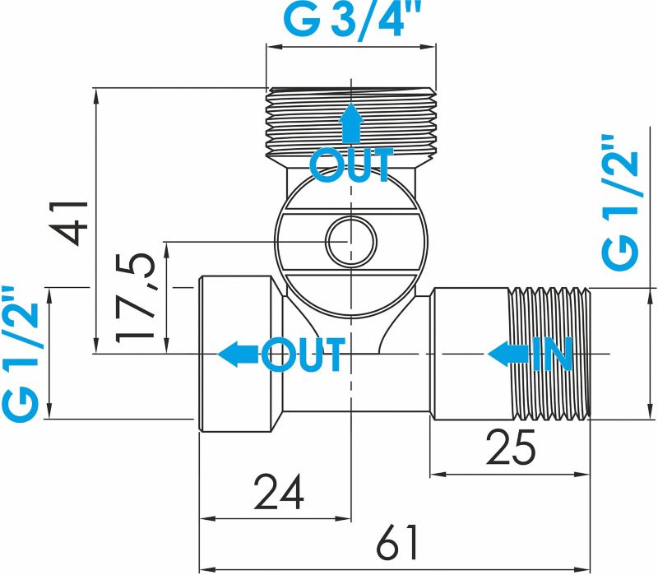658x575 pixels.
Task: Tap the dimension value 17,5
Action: [x=137, y=297]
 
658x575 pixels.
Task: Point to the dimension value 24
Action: [x=279, y=492]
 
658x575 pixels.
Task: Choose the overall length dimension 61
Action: [x=397, y=543]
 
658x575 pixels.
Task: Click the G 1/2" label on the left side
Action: [x=21, y=354]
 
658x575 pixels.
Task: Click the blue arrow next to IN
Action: [x=507, y=355]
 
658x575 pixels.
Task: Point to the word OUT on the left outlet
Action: [x=302, y=355]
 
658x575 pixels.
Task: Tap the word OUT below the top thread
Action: [x=351, y=165]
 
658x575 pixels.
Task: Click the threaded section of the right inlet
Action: [x=549, y=354]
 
